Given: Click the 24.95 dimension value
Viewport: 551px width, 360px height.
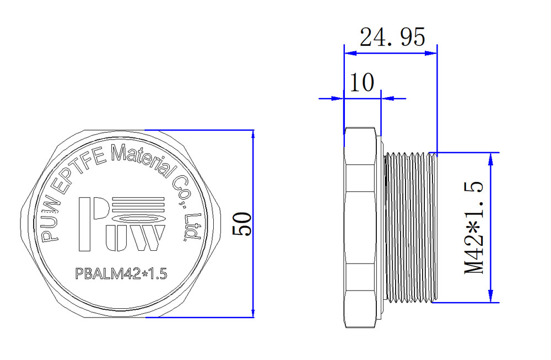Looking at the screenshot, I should (392, 37).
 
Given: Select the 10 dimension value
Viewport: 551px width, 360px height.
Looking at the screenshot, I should (362, 83).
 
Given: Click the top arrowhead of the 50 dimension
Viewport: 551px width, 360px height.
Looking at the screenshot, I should (253, 136).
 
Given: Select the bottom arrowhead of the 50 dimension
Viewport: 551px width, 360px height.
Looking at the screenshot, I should (253, 313).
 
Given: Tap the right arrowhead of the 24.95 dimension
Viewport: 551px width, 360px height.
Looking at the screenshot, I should (431, 53).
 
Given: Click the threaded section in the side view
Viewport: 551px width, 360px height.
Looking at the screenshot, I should (409, 227).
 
